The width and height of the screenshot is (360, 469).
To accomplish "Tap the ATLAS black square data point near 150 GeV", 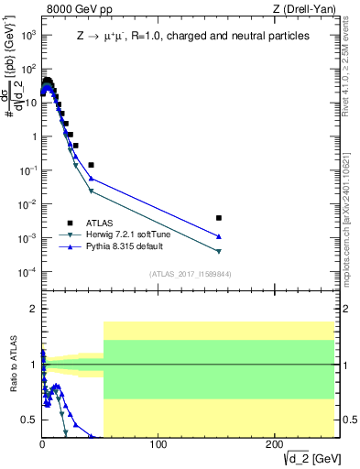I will (219, 218).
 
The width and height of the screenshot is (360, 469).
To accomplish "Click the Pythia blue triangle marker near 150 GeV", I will (219, 236).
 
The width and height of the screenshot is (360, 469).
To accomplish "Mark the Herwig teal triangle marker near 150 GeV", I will (219, 251).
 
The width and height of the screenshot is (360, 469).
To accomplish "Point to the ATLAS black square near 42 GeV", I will (91, 165).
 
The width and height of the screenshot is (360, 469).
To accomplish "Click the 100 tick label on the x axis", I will (158, 444).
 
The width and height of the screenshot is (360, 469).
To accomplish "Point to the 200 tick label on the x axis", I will (275, 444).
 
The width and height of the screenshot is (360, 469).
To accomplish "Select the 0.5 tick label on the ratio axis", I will (28, 420).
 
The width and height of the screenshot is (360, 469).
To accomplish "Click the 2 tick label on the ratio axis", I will (33, 309).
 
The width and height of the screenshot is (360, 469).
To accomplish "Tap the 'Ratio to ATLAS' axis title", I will (11, 365).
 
